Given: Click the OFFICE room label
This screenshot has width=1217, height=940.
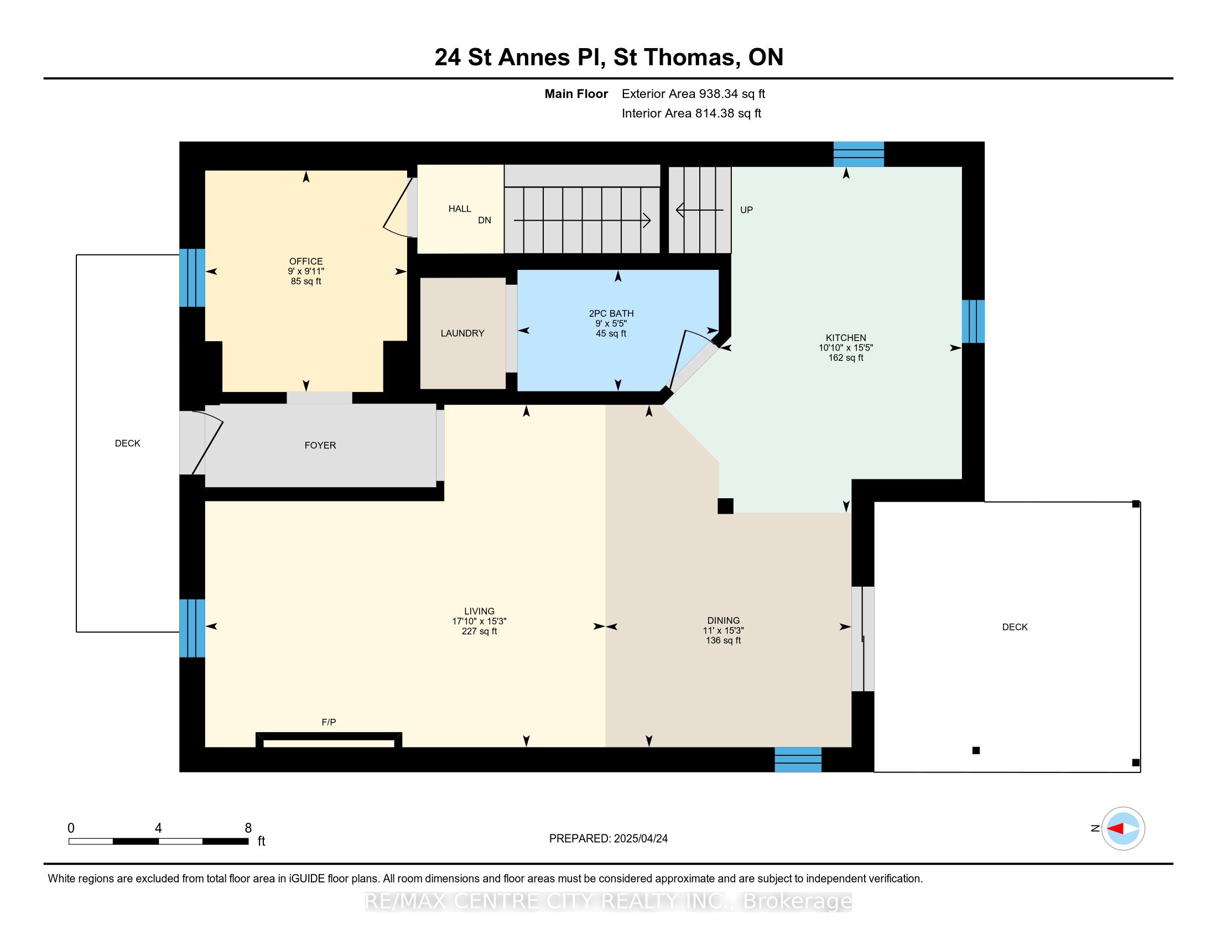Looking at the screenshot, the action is tap(306, 261).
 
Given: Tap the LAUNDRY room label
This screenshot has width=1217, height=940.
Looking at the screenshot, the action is tap(462, 333).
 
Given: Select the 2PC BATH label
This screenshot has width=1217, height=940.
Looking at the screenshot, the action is tap(611, 314).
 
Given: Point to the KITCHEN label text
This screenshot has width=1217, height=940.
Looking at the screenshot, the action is tap(846, 337).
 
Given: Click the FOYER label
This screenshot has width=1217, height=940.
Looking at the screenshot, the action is tap(320, 445).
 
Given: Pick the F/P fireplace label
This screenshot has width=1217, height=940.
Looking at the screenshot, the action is tap(329, 722).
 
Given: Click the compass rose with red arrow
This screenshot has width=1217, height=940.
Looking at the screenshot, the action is tap(1123, 829).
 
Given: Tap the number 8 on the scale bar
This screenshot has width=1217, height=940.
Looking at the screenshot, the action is tap(248, 828).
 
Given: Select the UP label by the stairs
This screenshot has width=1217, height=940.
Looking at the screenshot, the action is tap(747, 210).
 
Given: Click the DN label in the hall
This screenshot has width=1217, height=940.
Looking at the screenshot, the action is tap(485, 220).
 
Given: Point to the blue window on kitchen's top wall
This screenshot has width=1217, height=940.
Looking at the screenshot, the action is tap(859, 154).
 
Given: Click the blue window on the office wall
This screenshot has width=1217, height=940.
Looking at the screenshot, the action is tap(193, 278).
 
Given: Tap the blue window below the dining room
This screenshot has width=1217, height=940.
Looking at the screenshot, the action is tap(798, 760).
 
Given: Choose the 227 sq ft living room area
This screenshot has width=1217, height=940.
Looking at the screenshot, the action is tap(479, 631).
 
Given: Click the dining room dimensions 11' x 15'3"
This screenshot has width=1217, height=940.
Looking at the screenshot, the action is tap(724, 630).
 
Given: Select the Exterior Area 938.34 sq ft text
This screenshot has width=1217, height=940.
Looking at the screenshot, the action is tap(694, 93).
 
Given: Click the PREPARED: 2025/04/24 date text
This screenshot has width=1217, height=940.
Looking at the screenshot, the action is tap(608, 838).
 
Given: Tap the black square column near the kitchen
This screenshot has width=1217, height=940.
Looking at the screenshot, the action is tap(726, 505).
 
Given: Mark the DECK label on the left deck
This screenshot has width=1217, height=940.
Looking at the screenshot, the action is tap(128, 443).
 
